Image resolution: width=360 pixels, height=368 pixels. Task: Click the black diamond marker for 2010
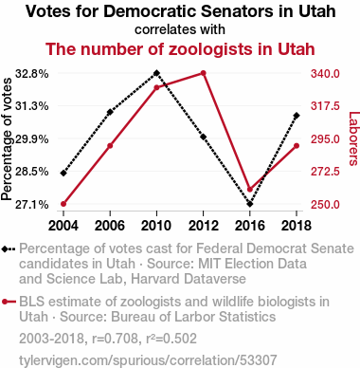(x=156, y=73)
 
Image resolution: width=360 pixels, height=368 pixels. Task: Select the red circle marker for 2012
(x=203, y=73)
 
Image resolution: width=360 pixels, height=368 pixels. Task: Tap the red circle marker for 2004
(x=63, y=204)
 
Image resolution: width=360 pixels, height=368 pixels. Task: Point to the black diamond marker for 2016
(x=250, y=204)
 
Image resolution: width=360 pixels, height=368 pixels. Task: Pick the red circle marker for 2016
(x=250, y=190)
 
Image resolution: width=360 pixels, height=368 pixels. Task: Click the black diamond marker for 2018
(x=297, y=116)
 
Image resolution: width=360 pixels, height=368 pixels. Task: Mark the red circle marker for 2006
(x=110, y=146)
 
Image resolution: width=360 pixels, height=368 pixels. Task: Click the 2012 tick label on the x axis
(x=203, y=226)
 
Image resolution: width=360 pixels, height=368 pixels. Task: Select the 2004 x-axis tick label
(x=63, y=226)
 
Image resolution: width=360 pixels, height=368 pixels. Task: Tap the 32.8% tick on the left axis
(x=32, y=74)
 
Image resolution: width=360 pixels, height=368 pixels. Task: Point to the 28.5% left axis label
(x=32, y=172)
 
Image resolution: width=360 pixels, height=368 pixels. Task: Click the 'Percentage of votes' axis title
(x=7, y=139)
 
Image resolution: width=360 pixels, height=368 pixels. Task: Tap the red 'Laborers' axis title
(x=353, y=138)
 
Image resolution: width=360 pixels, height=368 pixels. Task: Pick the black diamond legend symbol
(x=9, y=248)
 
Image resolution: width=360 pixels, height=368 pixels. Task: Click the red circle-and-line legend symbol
(x=9, y=302)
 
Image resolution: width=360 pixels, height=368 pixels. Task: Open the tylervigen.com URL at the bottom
(x=148, y=360)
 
